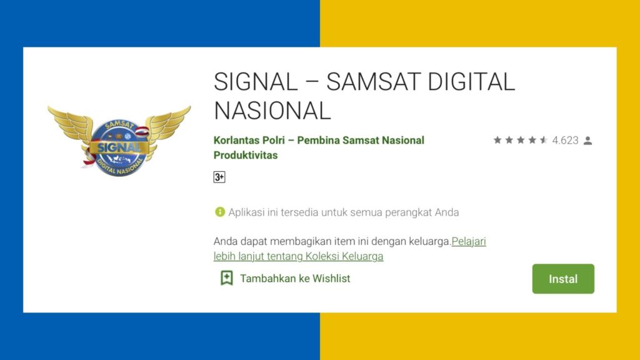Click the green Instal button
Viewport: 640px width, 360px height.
563,279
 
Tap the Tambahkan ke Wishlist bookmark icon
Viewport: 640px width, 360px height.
227,278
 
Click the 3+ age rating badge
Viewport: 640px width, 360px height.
219,177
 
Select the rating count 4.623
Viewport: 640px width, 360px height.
566,141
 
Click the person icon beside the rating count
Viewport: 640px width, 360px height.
587,141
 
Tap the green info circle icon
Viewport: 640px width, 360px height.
219,212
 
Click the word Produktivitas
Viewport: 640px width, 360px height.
246,155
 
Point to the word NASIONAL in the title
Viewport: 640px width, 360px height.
272,111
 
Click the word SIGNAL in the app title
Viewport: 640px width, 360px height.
256,82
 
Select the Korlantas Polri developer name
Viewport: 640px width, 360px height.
252,140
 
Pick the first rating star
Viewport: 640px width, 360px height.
497,141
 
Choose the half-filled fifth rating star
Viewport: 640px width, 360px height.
544,141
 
